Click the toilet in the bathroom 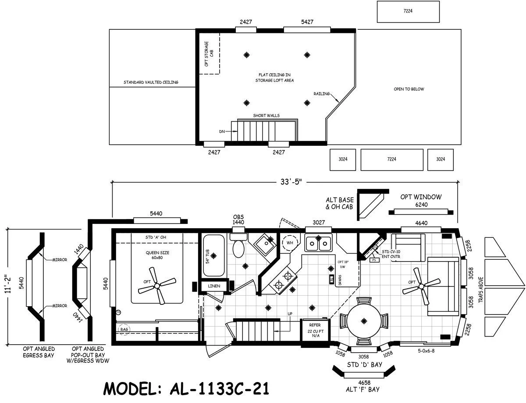pyautogui.click(x=239, y=247)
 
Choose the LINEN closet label pyautogui.click(x=213, y=286)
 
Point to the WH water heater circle pyautogui.click(x=290, y=242)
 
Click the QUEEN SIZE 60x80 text pyautogui.click(x=157, y=255)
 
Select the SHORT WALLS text pyautogui.click(x=266, y=116)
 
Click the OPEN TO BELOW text pyautogui.click(x=409, y=89)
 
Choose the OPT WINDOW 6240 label pyautogui.click(x=420, y=201)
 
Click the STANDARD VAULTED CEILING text pyautogui.click(x=151, y=82)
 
